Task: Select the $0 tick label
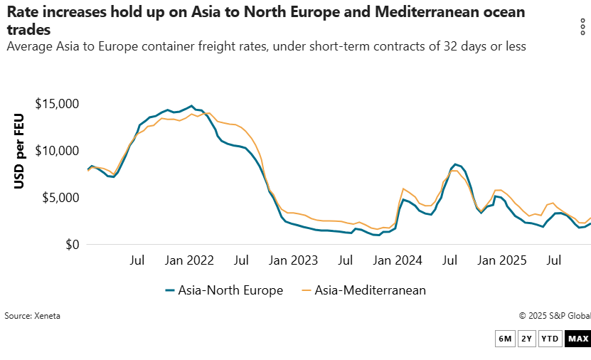[72, 245]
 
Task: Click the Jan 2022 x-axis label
[190, 260]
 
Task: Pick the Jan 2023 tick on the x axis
[294, 260]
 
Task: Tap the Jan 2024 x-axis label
[398, 260]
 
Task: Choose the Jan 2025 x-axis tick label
[501, 260]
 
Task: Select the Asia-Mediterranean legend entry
[363, 290]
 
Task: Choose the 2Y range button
[526, 339]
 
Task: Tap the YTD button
[550, 339]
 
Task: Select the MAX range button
[577, 339]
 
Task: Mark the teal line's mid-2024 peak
[456, 164]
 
